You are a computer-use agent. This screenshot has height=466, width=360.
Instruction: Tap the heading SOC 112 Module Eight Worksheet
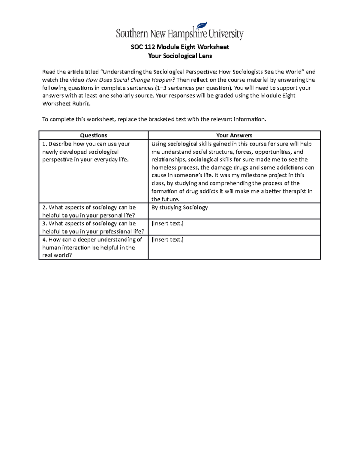tap(180, 47)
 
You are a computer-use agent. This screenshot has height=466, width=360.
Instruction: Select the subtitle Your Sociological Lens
tap(180, 56)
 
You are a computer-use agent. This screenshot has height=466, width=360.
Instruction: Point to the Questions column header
tap(94, 135)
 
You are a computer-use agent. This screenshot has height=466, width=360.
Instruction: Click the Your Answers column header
tap(234, 135)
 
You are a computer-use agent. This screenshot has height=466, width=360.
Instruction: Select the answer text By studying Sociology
tap(179, 207)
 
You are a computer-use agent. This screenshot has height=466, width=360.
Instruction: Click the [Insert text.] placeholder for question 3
tap(167, 224)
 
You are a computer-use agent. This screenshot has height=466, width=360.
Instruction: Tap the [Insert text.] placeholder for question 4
tap(167, 239)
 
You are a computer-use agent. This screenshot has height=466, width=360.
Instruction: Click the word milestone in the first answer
tap(253, 176)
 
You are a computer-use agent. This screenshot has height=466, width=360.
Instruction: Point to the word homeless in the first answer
tap(163, 168)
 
